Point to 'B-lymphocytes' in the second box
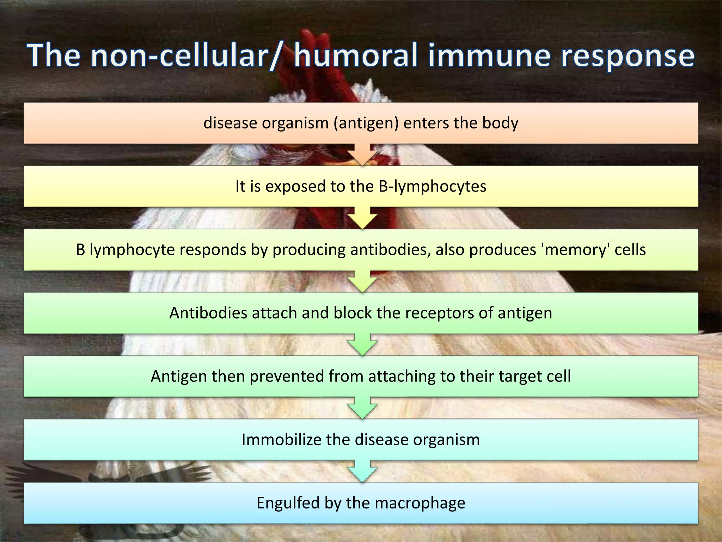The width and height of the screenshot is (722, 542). tap(433, 187)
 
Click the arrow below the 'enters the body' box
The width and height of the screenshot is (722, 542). tap(362, 155)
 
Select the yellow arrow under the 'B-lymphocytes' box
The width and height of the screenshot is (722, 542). tap(362, 218)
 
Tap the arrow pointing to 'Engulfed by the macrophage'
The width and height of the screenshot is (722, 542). tap(362, 471)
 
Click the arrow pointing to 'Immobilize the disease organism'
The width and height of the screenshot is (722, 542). tap(362, 408)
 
